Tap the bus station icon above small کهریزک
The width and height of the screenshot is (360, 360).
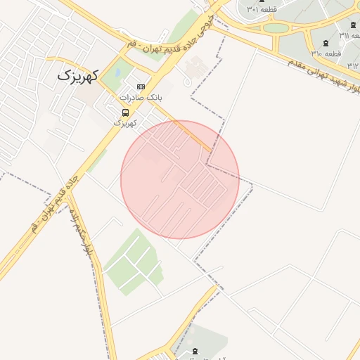[x=125, y=112]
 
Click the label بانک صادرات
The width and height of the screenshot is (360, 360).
[x=141, y=97]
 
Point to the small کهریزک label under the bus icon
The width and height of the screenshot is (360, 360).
[x=125, y=122]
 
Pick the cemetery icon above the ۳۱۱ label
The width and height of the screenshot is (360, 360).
[x=353, y=25]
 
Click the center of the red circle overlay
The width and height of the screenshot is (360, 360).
[x=180, y=180]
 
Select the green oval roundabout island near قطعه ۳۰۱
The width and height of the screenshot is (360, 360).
[x=276, y=28]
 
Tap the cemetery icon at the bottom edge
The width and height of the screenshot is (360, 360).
[x=195, y=351]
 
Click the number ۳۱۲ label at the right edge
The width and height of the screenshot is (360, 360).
[x=354, y=65]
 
